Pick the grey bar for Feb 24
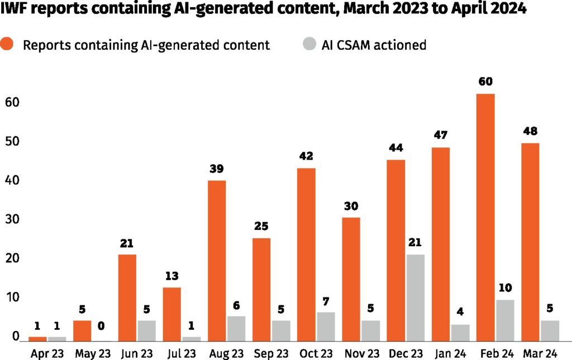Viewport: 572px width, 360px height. [x=504, y=320]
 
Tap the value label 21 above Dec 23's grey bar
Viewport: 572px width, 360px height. [x=414, y=243]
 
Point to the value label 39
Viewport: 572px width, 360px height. [x=217, y=169]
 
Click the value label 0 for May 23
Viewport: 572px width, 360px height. [x=102, y=326]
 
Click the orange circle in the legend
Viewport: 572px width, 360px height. [x=10, y=45]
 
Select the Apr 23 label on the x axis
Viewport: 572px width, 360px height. [x=47, y=353]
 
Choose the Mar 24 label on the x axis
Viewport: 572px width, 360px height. [x=540, y=353]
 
